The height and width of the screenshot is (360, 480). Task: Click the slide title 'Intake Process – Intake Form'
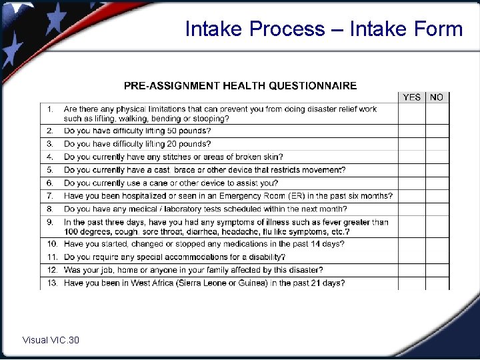[x=323, y=29]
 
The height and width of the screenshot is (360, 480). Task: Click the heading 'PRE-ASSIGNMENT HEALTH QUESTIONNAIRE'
[x=240, y=85]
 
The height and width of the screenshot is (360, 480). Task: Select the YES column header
[x=412, y=97]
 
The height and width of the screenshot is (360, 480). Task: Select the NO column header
[x=437, y=97]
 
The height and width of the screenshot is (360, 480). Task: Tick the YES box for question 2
[x=412, y=131]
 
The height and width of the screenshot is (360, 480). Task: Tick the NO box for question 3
[x=437, y=144]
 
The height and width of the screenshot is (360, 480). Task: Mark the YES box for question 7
[x=412, y=196]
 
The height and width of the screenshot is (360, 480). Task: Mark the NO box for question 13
[x=437, y=283]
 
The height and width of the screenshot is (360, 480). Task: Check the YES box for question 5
[x=412, y=170]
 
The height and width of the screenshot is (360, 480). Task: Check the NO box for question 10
[x=437, y=244]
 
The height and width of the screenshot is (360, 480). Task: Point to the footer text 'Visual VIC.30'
[x=51, y=341]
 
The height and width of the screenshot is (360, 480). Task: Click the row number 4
[x=50, y=157]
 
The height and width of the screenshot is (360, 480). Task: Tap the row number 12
[x=52, y=270]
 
